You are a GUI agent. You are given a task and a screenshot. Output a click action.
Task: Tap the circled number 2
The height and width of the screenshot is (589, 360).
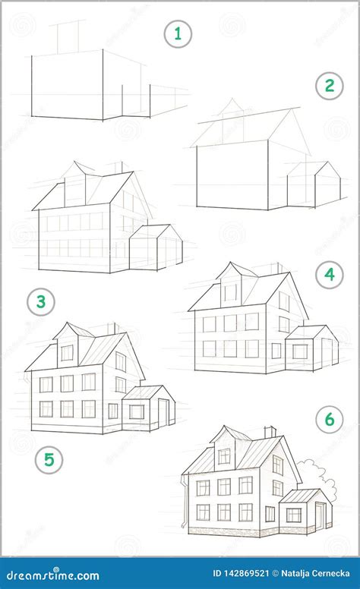click(x=329, y=86)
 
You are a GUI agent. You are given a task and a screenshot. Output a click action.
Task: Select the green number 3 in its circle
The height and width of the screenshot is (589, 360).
click(x=41, y=302)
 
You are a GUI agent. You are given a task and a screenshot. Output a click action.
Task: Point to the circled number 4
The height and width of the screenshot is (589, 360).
click(x=329, y=274)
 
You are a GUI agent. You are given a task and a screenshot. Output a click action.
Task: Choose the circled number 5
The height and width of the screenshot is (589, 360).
click(x=49, y=458)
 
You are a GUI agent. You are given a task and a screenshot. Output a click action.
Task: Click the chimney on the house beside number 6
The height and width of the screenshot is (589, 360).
click(x=270, y=431)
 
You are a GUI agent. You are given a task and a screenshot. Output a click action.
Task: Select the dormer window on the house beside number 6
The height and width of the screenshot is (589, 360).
click(x=223, y=456)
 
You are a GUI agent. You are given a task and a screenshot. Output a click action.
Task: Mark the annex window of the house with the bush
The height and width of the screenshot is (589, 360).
click(x=293, y=515)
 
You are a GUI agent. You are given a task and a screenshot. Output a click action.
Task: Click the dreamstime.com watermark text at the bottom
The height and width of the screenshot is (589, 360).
click(x=50, y=576)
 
